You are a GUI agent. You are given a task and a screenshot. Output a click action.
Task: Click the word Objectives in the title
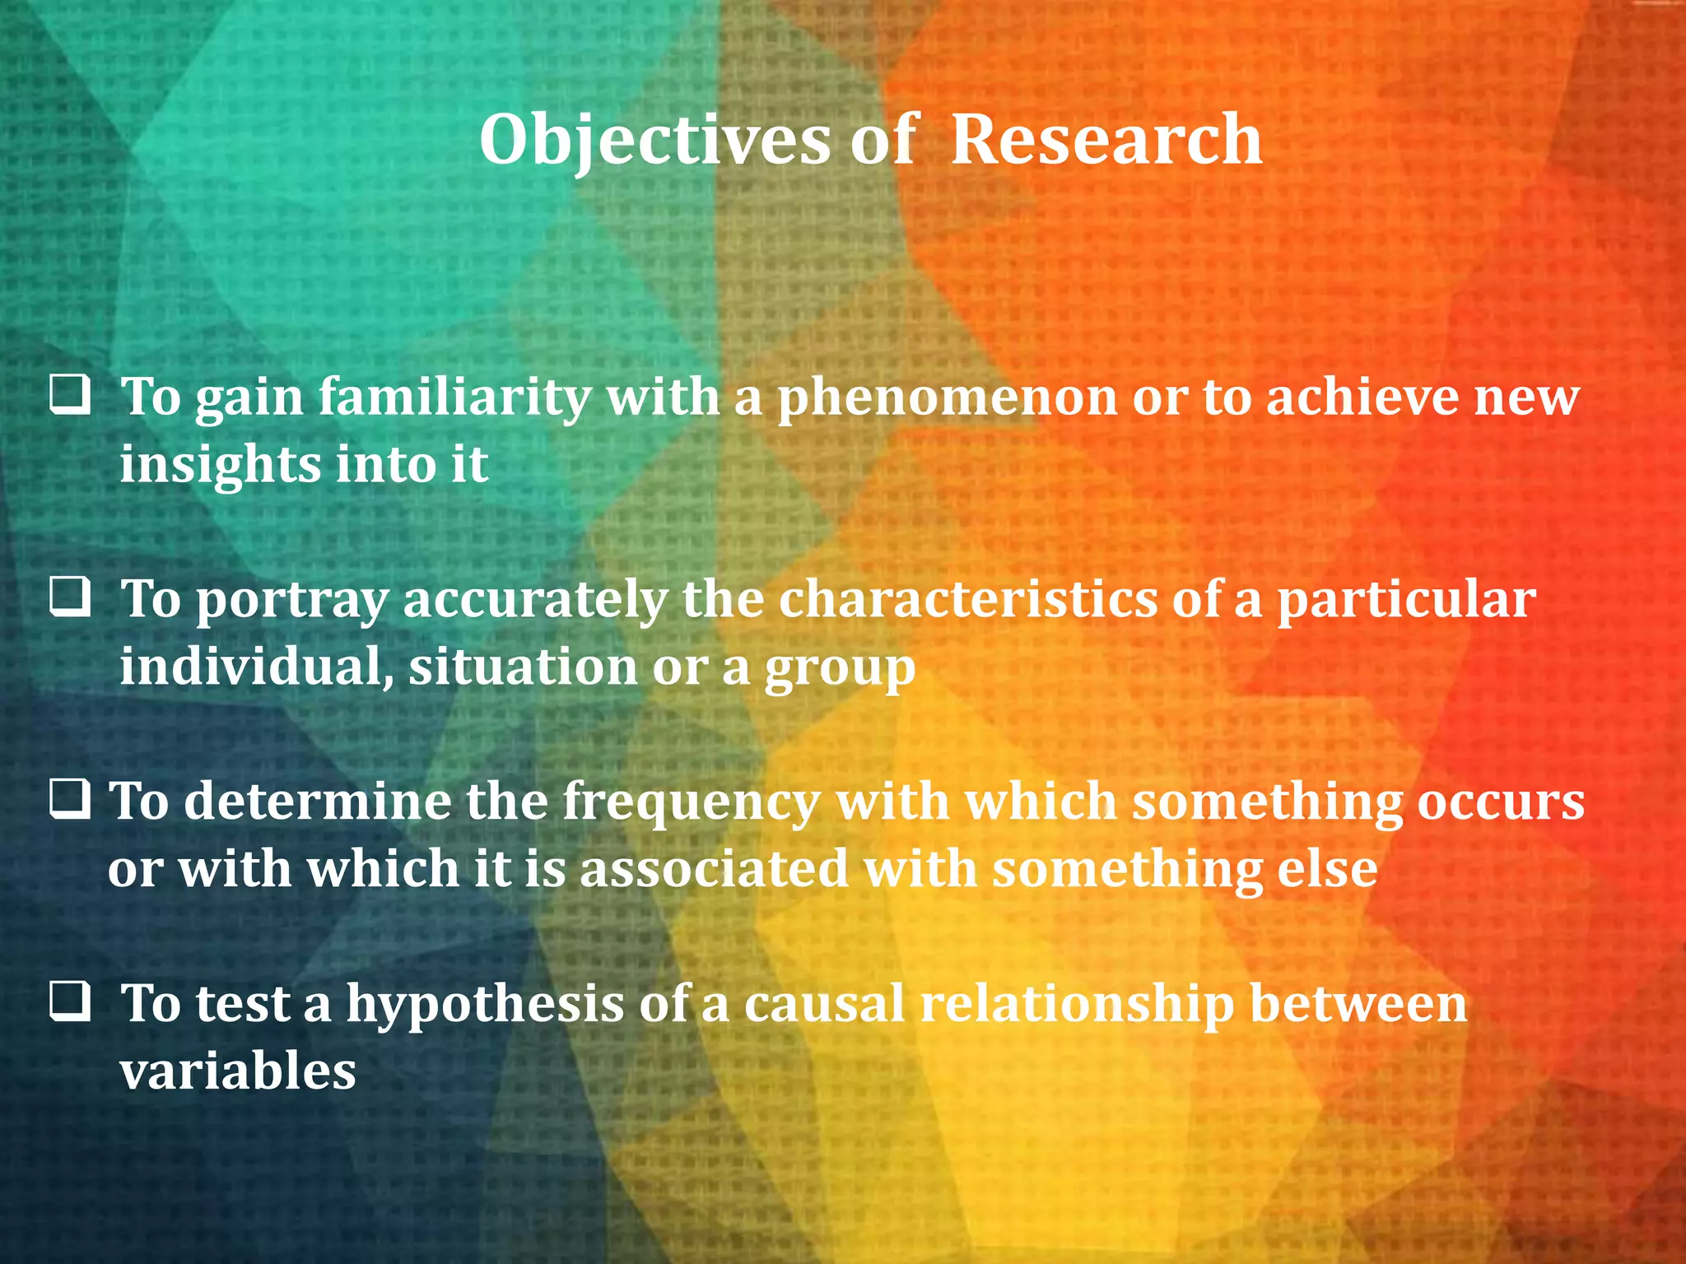pos(654,141)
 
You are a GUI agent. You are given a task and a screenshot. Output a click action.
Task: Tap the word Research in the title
pos(1106,139)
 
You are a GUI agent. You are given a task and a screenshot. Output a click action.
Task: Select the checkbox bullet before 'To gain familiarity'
pos(70,396)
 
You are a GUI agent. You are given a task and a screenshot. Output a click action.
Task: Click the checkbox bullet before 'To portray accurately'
pos(70,598)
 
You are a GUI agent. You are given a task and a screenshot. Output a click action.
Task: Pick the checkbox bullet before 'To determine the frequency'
pos(70,800)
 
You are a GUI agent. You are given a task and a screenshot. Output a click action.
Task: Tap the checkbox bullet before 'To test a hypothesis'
pos(70,1002)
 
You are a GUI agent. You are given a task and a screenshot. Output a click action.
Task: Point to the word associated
pos(714,869)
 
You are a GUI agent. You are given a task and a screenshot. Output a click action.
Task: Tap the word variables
pos(238,1071)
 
